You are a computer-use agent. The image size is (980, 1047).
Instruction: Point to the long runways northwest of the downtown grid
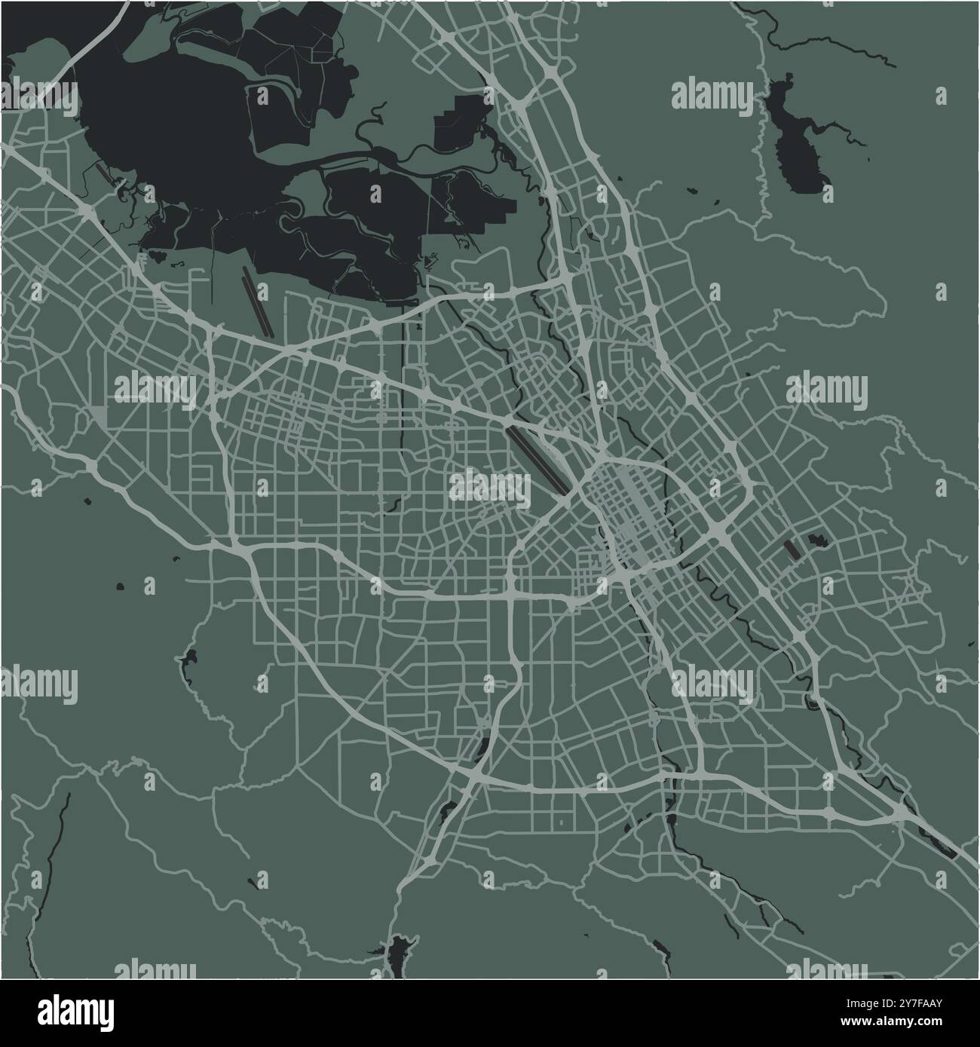(x=538, y=459)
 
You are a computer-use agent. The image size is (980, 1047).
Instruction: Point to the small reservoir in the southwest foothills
(x=186, y=659)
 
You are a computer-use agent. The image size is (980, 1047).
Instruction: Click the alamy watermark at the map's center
(x=490, y=486)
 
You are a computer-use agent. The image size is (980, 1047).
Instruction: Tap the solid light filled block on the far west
(x=100, y=415)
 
